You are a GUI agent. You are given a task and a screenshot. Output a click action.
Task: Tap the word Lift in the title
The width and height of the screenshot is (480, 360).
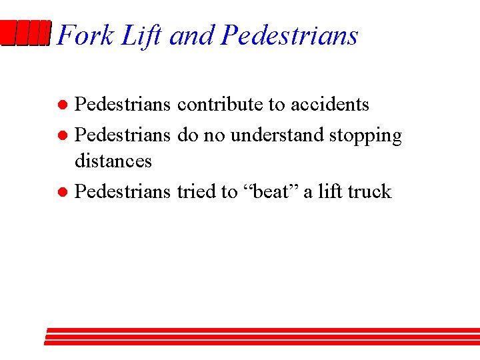141,35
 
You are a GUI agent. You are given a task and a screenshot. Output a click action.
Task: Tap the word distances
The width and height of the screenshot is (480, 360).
113,161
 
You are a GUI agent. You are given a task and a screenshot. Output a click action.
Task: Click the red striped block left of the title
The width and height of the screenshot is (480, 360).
26,33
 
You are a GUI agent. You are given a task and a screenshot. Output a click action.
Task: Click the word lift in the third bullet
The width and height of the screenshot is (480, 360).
330,192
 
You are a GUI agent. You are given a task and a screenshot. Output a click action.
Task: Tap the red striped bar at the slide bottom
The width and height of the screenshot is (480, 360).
262,336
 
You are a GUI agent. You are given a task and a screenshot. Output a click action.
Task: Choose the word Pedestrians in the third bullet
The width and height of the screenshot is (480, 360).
123,192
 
